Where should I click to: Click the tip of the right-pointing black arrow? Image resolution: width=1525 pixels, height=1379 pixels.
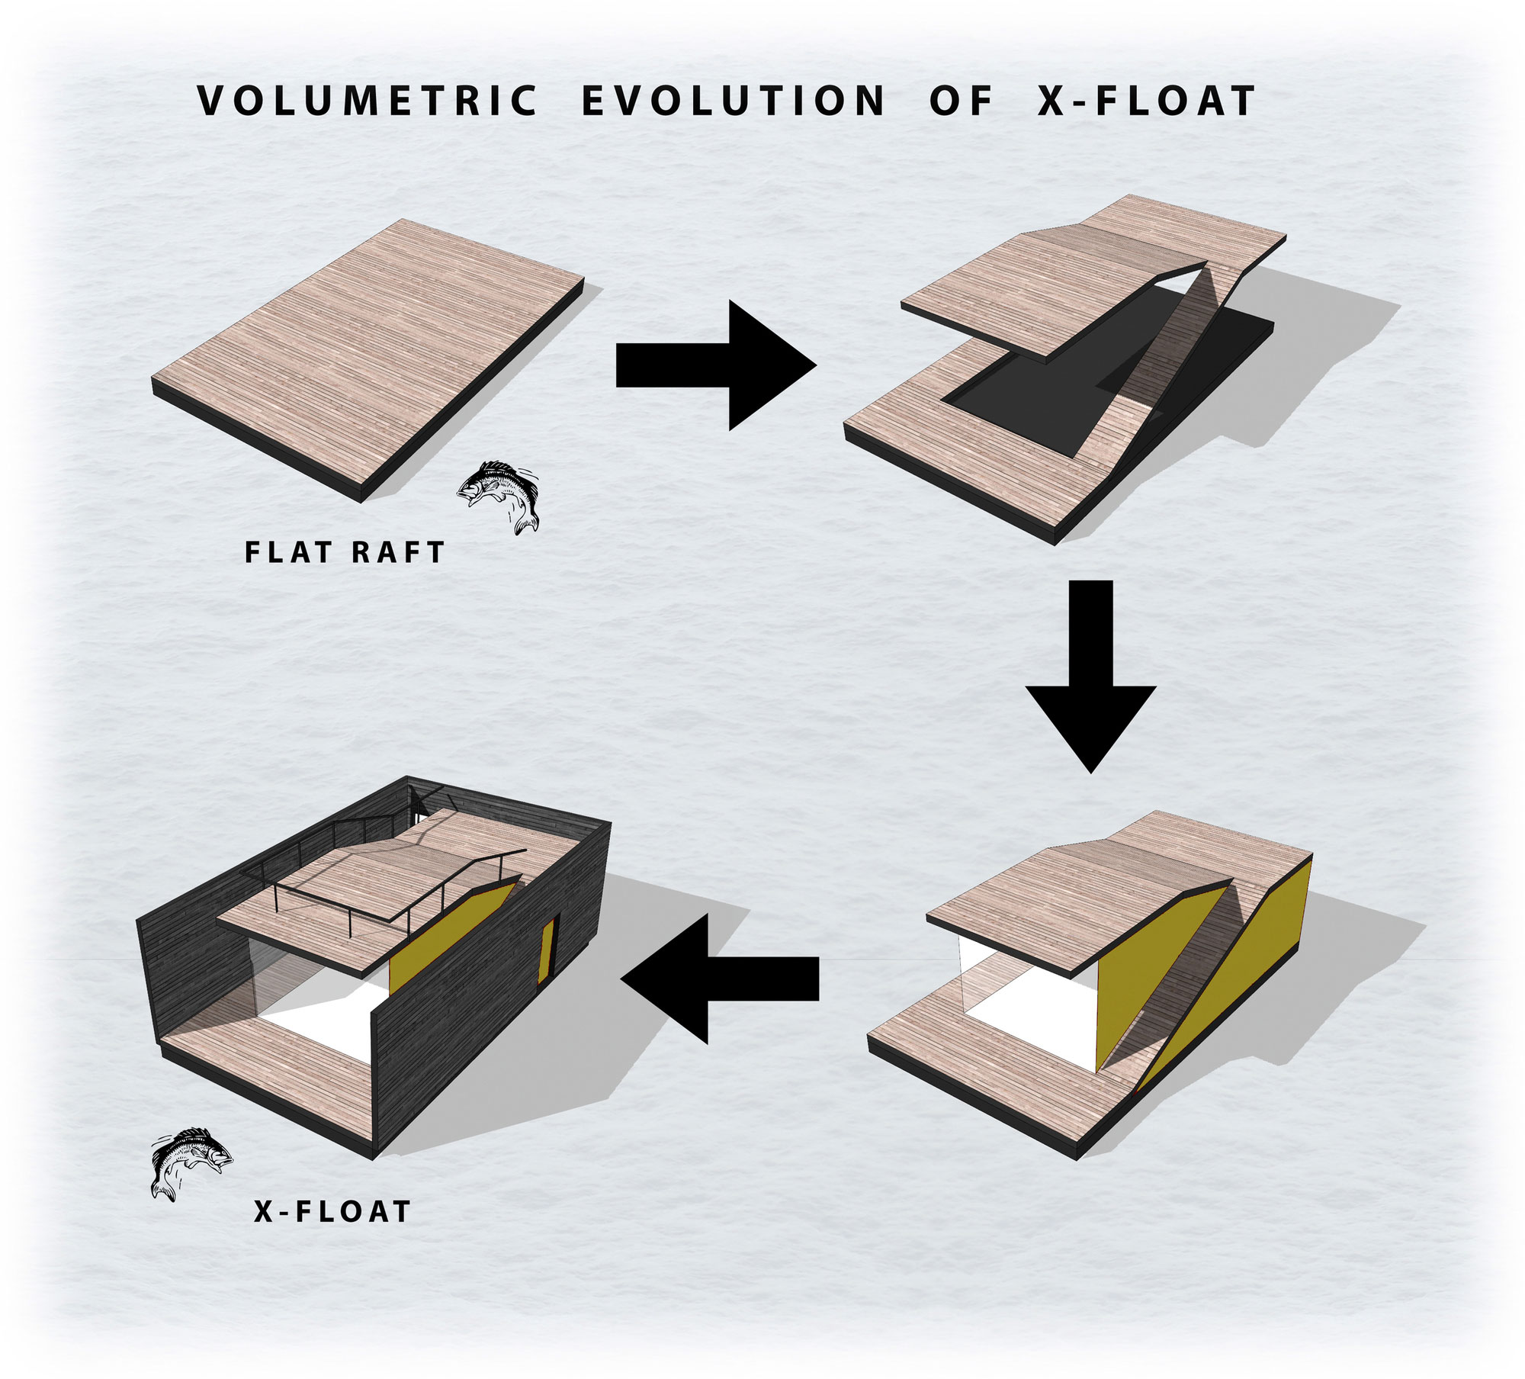click(x=817, y=365)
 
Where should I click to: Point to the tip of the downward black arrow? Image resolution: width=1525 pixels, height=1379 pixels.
click(x=1090, y=773)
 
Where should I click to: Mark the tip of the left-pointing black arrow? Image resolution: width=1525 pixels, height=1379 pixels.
click(x=622, y=979)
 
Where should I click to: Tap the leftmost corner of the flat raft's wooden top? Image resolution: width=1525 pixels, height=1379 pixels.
click(x=153, y=378)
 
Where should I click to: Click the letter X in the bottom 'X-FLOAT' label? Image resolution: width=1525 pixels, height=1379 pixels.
click(x=264, y=1211)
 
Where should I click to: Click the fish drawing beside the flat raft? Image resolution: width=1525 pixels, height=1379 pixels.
click(x=499, y=497)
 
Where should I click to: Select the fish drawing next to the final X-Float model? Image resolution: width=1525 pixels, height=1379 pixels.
click(x=191, y=1164)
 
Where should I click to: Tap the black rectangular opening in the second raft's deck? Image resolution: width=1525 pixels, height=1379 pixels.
click(x=1067, y=374)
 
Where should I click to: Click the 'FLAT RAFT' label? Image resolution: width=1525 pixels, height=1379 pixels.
click(x=345, y=553)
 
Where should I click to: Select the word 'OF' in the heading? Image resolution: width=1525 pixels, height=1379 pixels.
click(x=961, y=101)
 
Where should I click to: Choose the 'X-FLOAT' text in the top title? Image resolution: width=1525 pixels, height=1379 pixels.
click(x=1146, y=101)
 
